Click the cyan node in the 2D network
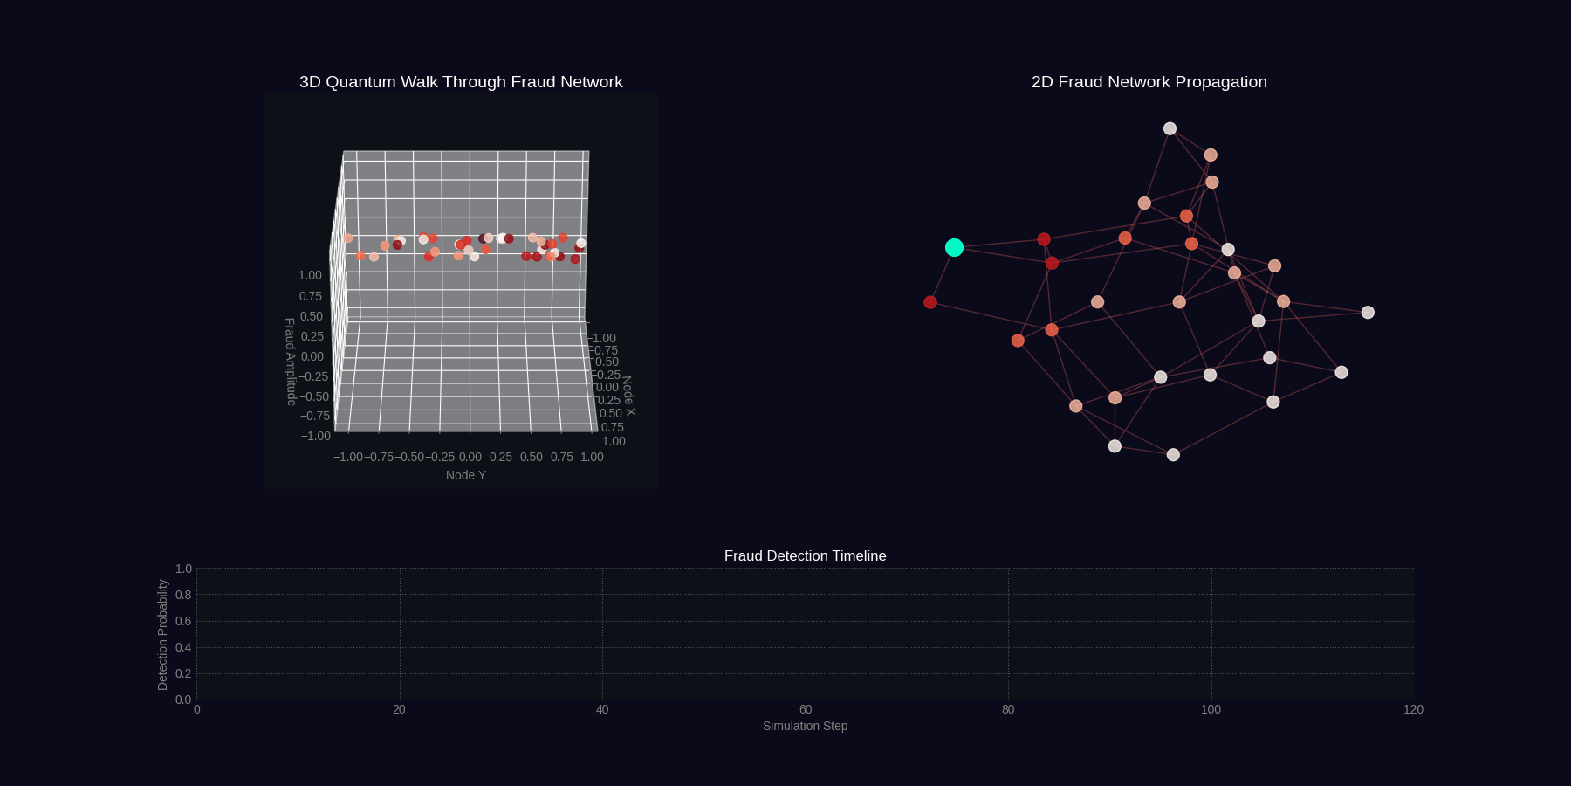click(x=954, y=248)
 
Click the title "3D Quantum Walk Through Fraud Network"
click(x=461, y=82)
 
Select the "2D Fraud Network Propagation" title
click(x=1149, y=82)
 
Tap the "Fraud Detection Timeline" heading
click(x=805, y=556)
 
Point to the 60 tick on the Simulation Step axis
click(x=806, y=709)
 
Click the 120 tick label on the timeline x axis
click(x=1413, y=709)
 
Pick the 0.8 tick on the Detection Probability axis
click(x=183, y=595)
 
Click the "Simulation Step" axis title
click(x=805, y=726)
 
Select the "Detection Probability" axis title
click(x=162, y=635)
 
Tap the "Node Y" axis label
click(x=465, y=475)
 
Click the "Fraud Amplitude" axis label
click(x=291, y=362)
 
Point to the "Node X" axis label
click(x=628, y=396)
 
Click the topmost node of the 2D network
click(x=1170, y=128)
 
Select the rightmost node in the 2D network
click(x=1368, y=313)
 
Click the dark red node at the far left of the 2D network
click(x=930, y=302)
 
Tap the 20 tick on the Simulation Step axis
click(x=399, y=709)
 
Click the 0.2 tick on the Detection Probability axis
click(x=183, y=673)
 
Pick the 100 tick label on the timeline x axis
click(x=1211, y=709)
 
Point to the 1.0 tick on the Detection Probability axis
click(x=183, y=569)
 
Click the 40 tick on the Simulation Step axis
click(x=602, y=709)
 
